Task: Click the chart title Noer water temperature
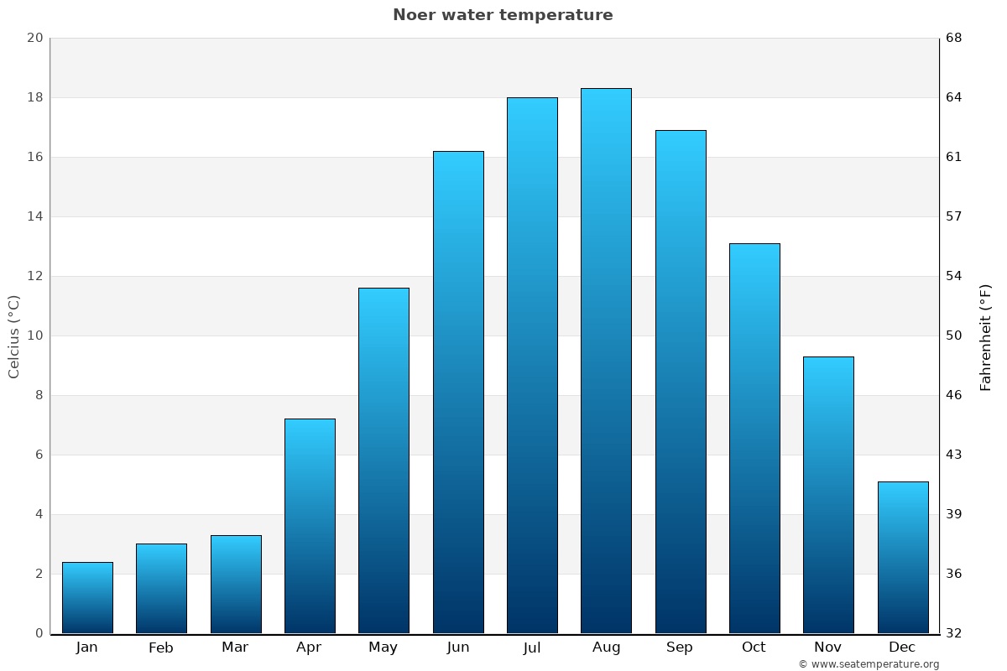coord(503,15)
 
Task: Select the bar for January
coord(87,597)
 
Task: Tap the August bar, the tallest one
coord(606,361)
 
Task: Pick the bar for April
coord(310,526)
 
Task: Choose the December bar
coord(903,557)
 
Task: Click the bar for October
coord(754,438)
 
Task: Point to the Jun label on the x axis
coord(458,648)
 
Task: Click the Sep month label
coord(680,648)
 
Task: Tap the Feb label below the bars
coord(161,648)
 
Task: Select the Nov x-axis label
coord(828,648)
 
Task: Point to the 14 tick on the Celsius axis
coord(35,216)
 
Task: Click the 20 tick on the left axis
coord(35,38)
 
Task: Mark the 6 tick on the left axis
coord(39,455)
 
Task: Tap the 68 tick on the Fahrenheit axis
coord(954,38)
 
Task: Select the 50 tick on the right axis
coord(954,335)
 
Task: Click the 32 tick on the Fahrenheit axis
coord(954,633)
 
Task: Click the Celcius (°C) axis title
coord(14,336)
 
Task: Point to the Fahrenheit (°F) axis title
coord(986,336)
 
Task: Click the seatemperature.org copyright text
coord(869,664)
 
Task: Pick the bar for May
coord(383,460)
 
